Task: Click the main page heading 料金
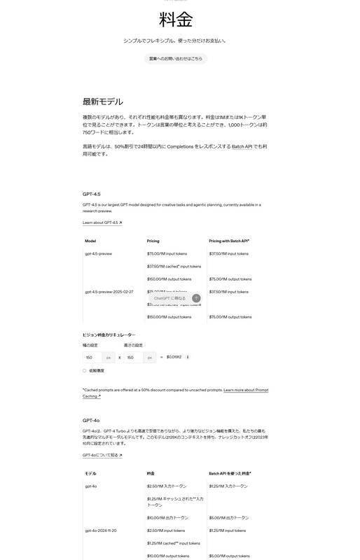pyautogui.click(x=176, y=19)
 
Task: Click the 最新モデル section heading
pyautogui.click(x=103, y=101)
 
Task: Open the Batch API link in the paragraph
pyautogui.click(x=242, y=146)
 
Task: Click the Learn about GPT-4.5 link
pyautogui.click(x=102, y=223)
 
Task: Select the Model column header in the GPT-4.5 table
pyautogui.click(x=90, y=241)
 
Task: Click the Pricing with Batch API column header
pyautogui.click(x=229, y=241)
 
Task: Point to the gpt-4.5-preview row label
pyautogui.click(x=98, y=253)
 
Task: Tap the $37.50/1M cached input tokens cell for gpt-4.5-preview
pyautogui.click(x=174, y=266)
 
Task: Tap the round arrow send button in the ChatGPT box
pyautogui.click(x=196, y=298)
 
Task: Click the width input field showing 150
pyautogui.click(x=93, y=357)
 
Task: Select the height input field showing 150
pyautogui.click(x=134, y=357)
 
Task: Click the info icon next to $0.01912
pyautogui.click(x=188, y=357)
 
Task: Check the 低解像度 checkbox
pyautogui.click(x=85, y=370)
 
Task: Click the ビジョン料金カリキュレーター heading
pyautogui.click(x=109, y=335)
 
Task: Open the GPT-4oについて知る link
pyautogui.click(x=102, y=455)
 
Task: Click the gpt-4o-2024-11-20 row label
pyautogui.click(x=101, y=531)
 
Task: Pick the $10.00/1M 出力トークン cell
pyautogui.click(x=167, y=518)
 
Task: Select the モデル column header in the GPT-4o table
pyautogui.click(x=90, y=473)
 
